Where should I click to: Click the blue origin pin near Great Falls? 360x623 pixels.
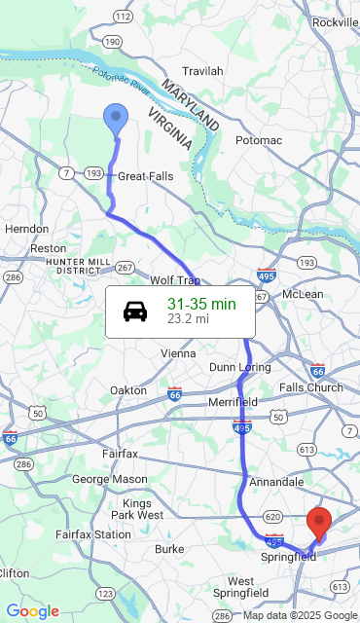point(116,120)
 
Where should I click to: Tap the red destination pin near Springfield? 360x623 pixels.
point(319,524)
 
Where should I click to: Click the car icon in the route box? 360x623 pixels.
point(135,311)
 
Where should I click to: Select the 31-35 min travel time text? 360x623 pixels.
point(201,304)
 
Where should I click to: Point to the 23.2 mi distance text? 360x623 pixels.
point(188,318)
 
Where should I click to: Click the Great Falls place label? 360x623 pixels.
point(145,176)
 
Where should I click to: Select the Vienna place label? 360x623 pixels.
point(178,352)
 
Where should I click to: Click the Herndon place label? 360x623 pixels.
point(27,229)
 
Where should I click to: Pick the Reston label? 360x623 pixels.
point(49,248)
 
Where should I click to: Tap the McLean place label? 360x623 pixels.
point(302,293)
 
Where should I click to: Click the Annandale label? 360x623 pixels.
point(276,482)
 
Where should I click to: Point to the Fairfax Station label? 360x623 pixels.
point(92,534)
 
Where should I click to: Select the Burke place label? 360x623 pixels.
point(169,549)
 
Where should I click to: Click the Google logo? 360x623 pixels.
point(32,610)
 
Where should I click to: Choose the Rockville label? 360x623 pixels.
point(336,21)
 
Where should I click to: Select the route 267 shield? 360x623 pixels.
point(125,267)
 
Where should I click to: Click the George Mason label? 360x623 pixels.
point(110,479)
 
